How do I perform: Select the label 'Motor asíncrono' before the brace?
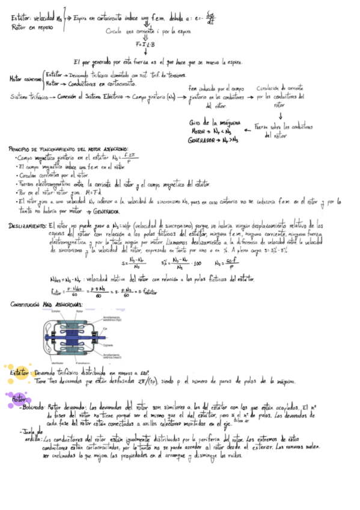point(25,79)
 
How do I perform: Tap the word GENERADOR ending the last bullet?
point(106,212)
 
